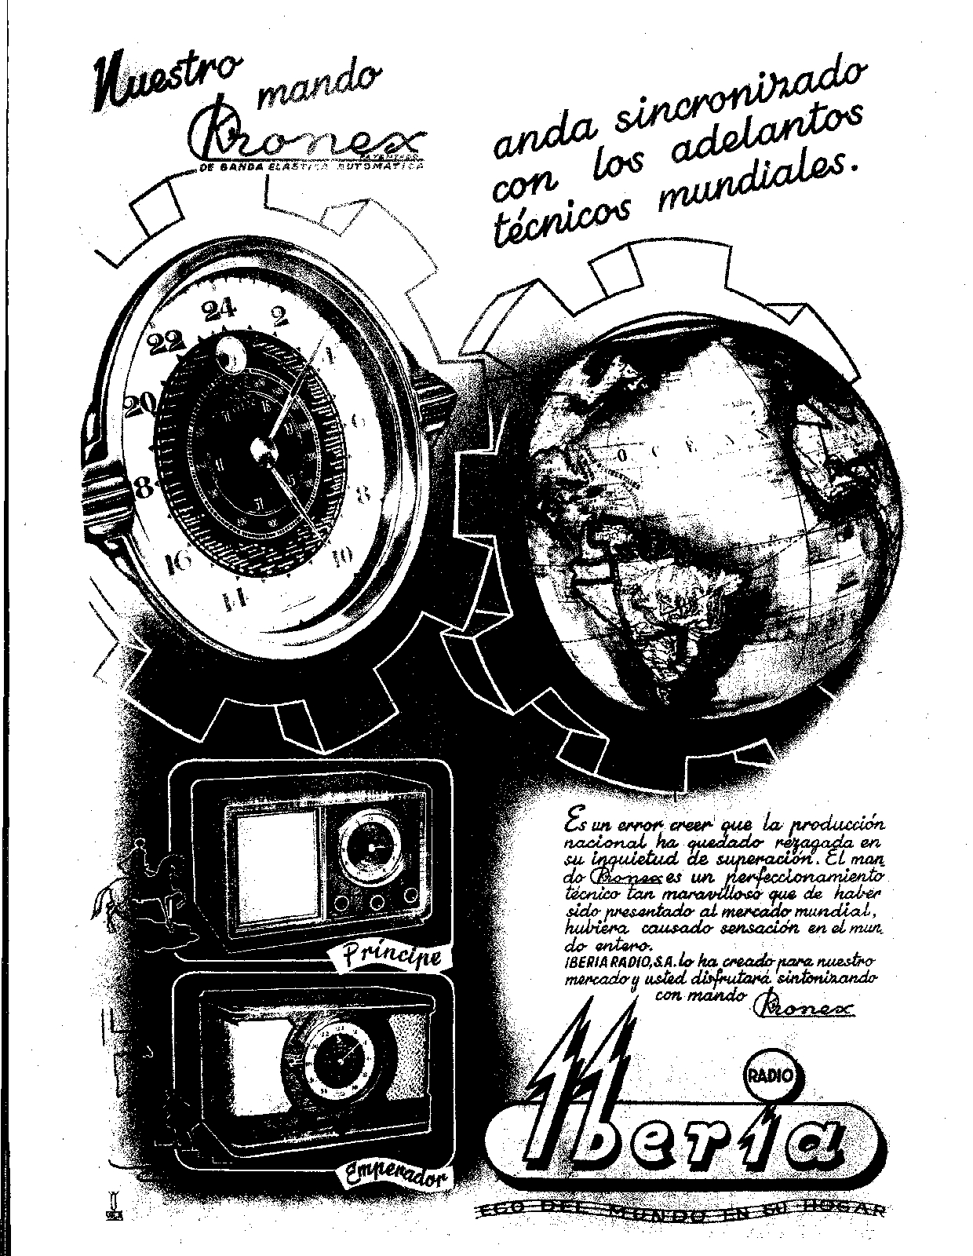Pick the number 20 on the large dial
click(x=141, y=403)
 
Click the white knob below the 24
click(x=231, y=356)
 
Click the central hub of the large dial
click(x=259, y=450)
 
